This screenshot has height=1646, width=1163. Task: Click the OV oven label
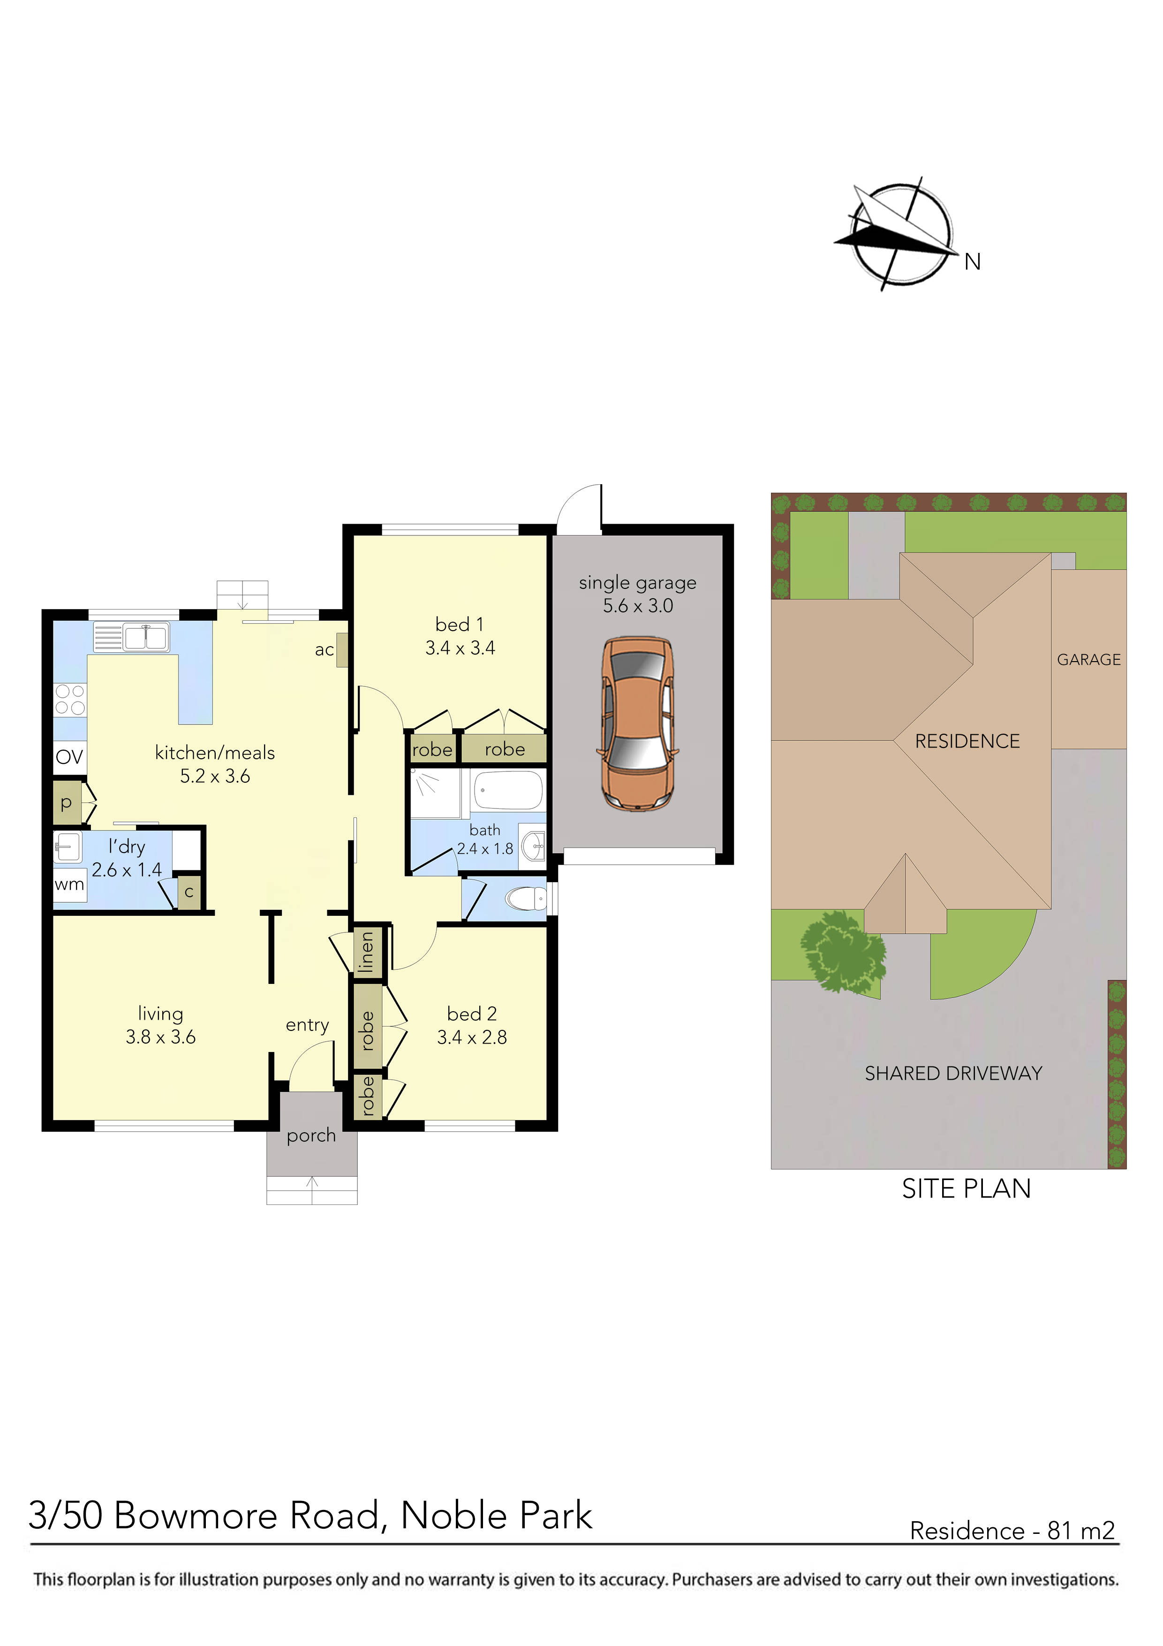[x=69, y=756]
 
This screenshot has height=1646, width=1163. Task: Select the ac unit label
[x=325, y=650]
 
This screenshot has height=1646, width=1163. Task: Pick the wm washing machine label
[x=69, y=884]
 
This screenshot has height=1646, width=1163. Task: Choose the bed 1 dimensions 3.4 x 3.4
[x=460, y=648]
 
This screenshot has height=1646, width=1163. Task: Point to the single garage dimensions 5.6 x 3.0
[x=638, y=606]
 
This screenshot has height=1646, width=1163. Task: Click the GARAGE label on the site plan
[x=1088, y=660]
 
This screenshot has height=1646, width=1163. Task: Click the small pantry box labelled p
[x=67, y=803]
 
